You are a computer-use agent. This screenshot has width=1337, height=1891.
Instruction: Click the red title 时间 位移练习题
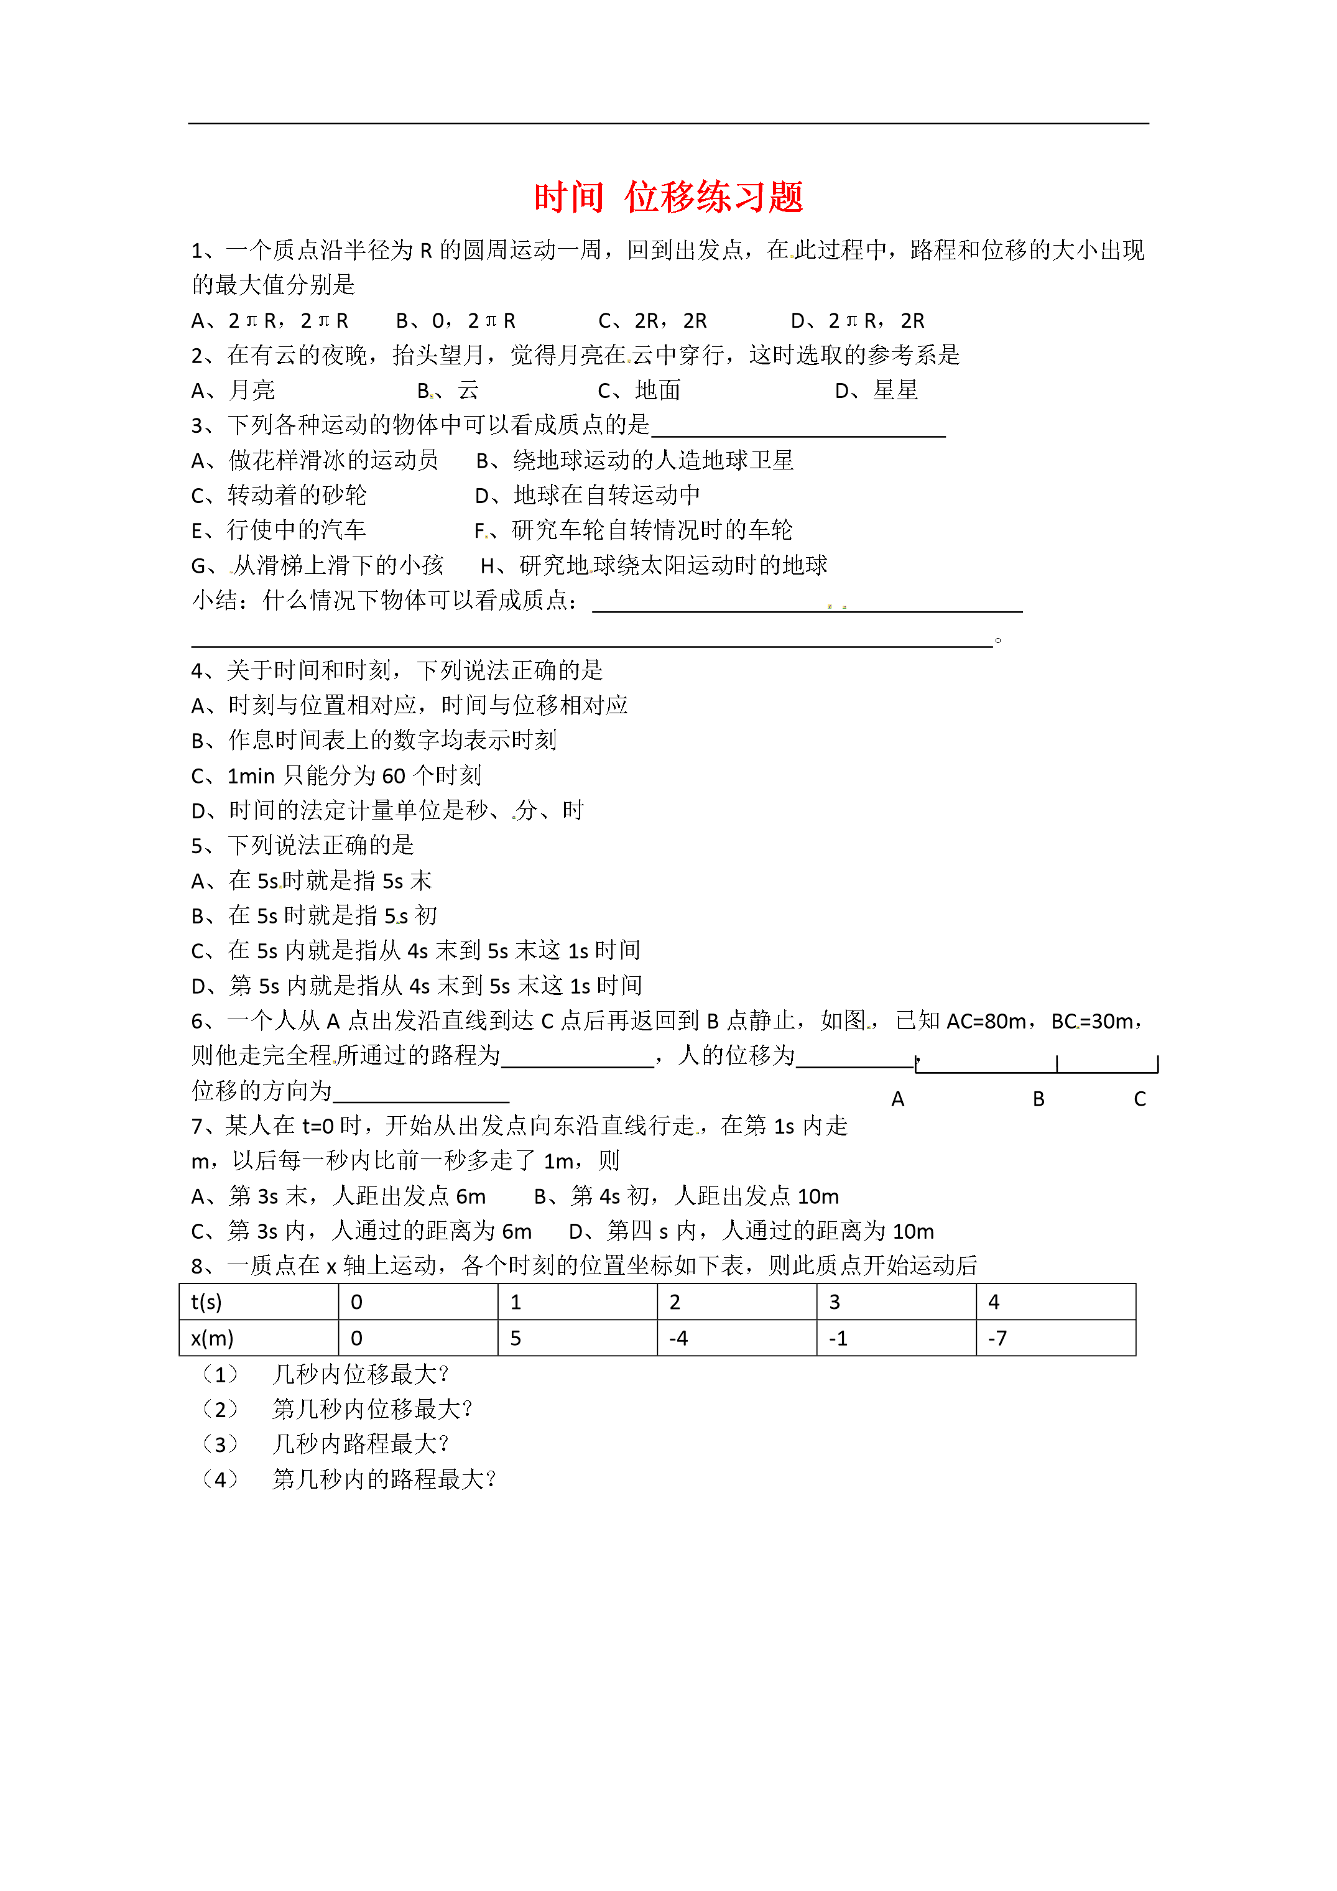pos(668,198)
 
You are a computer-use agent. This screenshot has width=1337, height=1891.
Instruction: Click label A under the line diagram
pos(898,1099)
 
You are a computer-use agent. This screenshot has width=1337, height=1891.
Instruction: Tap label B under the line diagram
pos(1039,1099)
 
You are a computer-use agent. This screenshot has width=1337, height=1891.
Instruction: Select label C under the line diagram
pos(1140,1099)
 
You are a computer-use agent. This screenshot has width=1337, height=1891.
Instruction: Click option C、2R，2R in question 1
pos(652,320)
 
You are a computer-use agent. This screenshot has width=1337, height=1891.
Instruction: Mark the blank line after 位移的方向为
pos(421,1096)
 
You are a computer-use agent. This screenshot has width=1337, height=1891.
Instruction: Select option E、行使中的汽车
pos(279,530)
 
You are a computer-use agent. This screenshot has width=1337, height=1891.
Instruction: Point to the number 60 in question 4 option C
pos(393,776)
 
